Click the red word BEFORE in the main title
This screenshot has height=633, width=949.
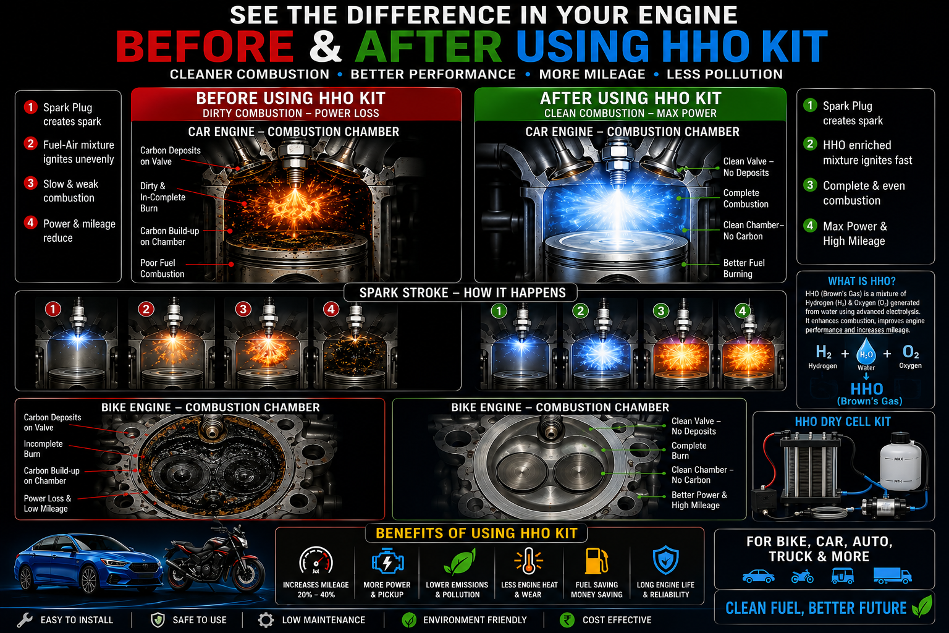pos(205,46)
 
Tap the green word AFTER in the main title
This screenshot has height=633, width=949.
pos(428,46)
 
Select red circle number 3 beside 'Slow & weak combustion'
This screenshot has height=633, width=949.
pos(30,184)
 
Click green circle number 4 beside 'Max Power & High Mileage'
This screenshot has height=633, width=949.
pos(810,226)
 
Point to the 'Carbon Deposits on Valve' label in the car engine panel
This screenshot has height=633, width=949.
pos(171,156)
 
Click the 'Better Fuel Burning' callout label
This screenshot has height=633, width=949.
pos(744,268)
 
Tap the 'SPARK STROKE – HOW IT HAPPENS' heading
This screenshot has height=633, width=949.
pos(462,292)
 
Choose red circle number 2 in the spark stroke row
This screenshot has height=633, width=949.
pos(146,309)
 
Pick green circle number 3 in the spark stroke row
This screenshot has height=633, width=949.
pos(661,311)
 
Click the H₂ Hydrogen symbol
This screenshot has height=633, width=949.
pos(823,352)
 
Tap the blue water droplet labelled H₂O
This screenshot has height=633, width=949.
pos(866,352)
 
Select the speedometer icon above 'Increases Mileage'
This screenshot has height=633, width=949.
pos(316,561)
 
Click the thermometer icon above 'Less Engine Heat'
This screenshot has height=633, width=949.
pos(528,561)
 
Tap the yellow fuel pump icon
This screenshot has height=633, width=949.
pos(596,561)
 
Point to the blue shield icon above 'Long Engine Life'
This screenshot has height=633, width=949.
pos(665,560)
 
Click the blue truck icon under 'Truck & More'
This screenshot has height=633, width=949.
pos(892,576)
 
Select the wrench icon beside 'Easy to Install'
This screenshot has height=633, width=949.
pos(25,620)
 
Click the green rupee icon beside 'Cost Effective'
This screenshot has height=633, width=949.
pos(567,620)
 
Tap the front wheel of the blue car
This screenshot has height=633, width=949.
pos(90,580)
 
